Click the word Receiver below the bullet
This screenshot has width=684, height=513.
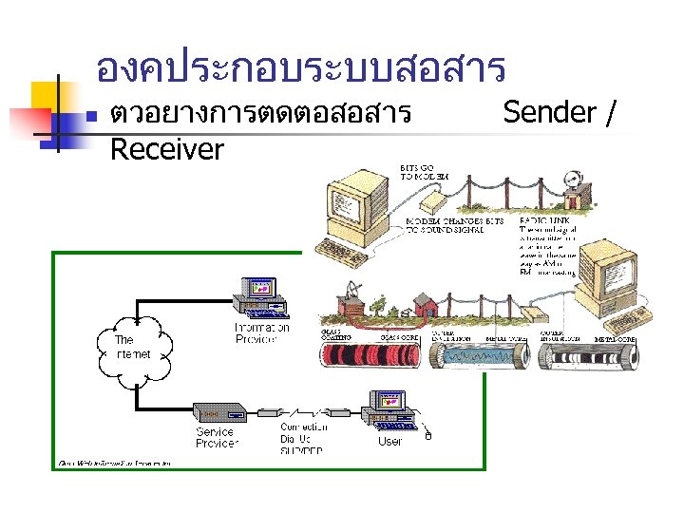pyautogui.click(x=166, y=149)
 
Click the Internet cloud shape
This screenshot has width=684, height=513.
pyautogui.click(x=134, y=349)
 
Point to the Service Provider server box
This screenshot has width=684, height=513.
pyautogui.click(x=220, y=412)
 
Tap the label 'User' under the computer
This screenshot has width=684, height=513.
pyautogui.click(x=389, y=441)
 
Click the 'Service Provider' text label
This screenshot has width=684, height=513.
pyautogui.click(x=217, y=437)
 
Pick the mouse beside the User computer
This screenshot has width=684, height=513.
pyautogui.click(x=428, y=435)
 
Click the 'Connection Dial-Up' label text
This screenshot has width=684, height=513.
pyautogui.click(x=303, y=432)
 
